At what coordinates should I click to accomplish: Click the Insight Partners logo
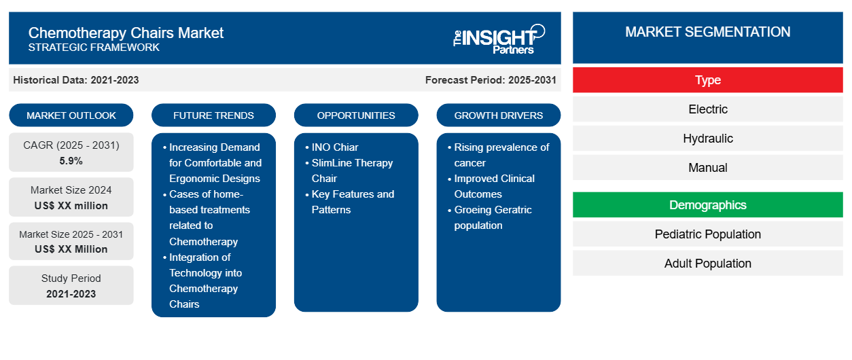(499, 39)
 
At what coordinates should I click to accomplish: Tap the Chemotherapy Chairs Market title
(126, 33)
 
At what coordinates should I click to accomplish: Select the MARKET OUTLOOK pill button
(71, 115)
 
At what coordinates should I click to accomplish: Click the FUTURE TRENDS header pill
(213, 115)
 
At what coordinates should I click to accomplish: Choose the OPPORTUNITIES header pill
(356, 115)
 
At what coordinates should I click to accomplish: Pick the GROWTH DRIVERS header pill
(498, 115)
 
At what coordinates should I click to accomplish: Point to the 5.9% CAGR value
(71, 161)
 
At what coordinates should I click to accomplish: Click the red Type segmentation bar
(707, 80)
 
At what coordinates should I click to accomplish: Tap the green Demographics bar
(707, 205)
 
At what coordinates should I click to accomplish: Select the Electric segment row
(707, 109)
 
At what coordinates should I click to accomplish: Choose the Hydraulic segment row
(707, 139)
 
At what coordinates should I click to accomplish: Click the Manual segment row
(707, 168)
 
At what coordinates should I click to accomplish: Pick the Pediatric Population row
(707, 234)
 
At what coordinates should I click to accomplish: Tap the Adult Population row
(707, 264)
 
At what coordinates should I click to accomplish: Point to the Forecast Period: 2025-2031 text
(491, 80)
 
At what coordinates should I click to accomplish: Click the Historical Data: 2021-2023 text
(76, 80)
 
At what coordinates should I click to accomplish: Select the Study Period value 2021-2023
(71, 294)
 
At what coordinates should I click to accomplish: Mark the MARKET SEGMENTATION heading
(707, 32)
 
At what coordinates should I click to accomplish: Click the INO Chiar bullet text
(335, 147)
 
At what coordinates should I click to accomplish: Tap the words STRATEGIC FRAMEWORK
(94, 48)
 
